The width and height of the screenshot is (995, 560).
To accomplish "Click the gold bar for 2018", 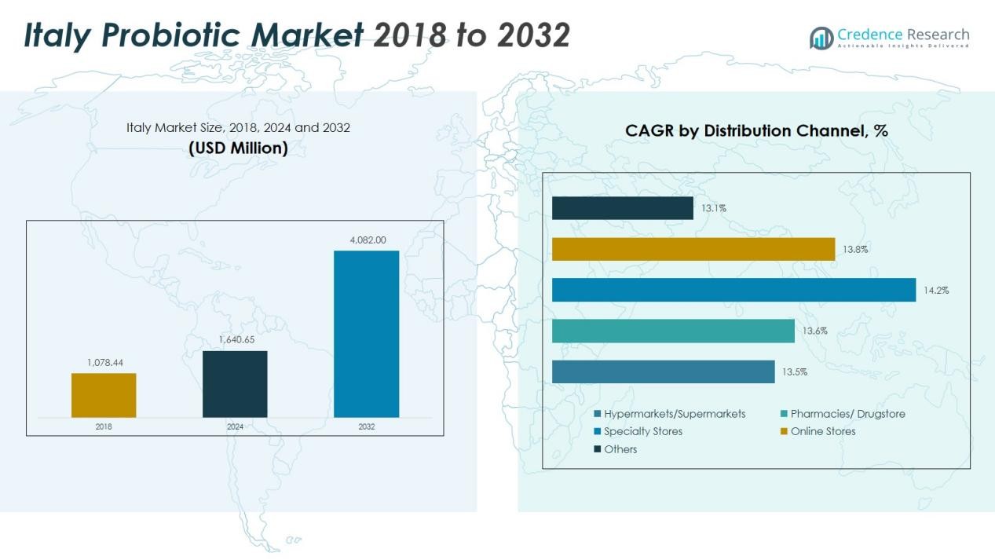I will (x=104, y=395).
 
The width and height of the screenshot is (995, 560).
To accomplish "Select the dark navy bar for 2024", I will (x=235, y=384).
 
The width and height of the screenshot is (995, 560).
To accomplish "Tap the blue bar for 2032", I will (x=366, y=334).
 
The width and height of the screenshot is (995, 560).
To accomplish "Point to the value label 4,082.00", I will (x=366, y=240).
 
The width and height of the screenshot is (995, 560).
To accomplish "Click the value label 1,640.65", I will (x=235, y=340).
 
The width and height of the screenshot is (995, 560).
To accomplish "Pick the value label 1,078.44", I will (x=104, y=363).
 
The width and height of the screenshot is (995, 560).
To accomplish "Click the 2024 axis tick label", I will (x=235, y=427).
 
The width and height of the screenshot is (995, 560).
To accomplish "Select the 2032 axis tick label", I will (x=366, y=427).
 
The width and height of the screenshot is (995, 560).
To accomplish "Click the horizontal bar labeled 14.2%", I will (x=733, y=290).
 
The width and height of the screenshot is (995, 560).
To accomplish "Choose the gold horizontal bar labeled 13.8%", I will (x=693, y=249).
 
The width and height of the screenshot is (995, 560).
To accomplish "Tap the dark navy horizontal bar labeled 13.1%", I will (x=622, y=208).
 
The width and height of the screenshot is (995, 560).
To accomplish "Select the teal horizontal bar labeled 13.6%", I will (x=673, y=331).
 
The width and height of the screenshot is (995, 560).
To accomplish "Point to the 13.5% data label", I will (x=794, y=372).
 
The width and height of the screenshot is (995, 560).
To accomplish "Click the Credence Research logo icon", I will (x=821, y=38).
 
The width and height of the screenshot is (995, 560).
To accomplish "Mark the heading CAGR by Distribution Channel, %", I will (x=756, y=131).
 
